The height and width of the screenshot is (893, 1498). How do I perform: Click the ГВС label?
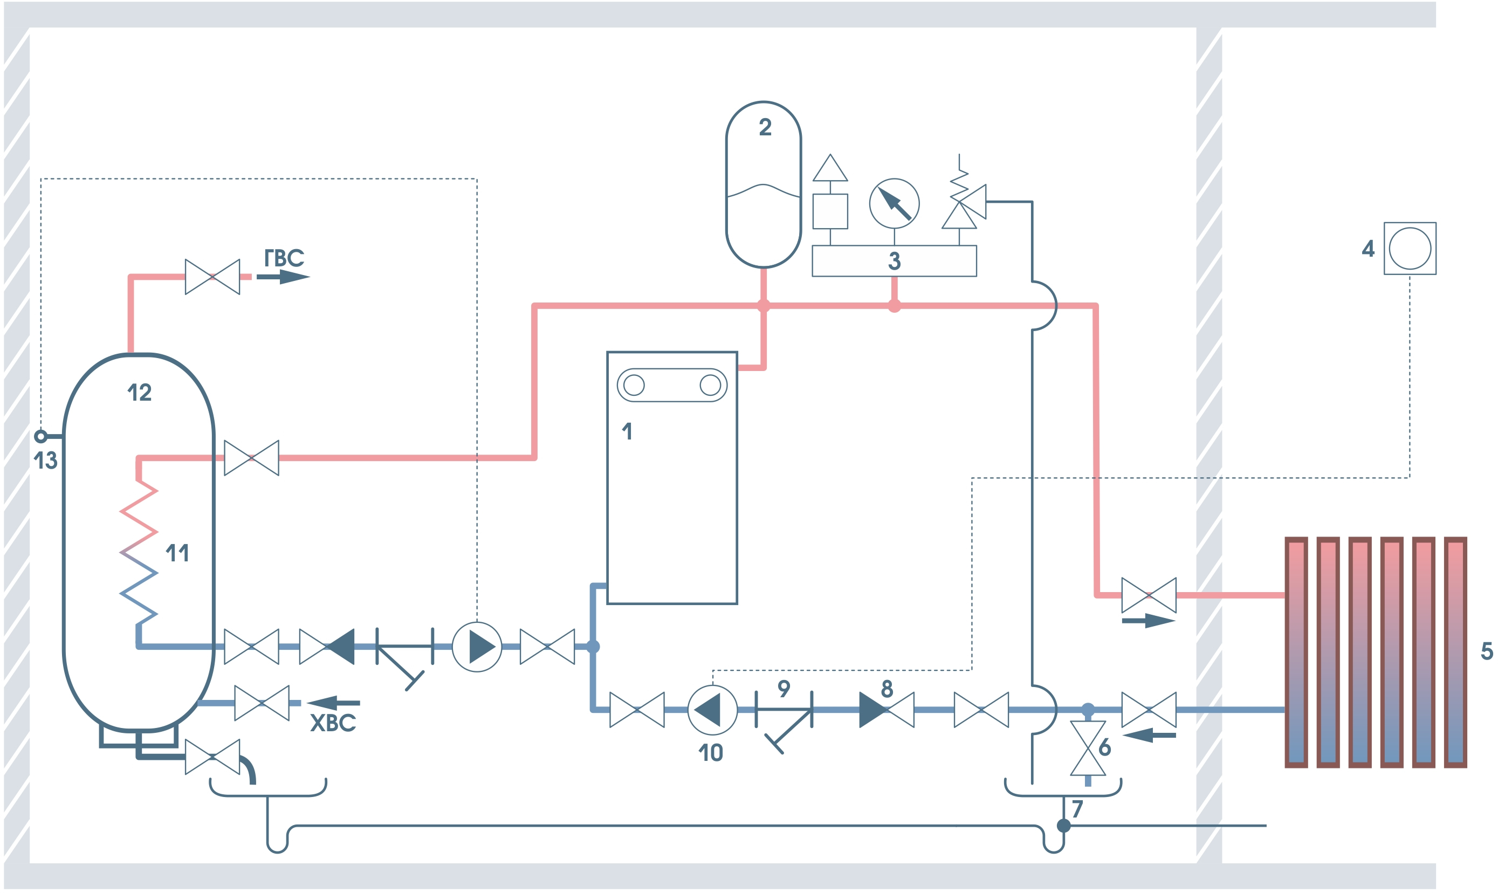pos(284,258)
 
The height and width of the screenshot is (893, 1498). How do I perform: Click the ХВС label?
pos(333,723)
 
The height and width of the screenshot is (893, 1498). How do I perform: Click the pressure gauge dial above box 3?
pos(894,203)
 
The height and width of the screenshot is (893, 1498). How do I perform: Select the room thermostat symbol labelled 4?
pos(1410,249)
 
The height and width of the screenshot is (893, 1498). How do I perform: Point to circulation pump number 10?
pos(712,710)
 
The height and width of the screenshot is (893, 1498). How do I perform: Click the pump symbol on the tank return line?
pos(477,647)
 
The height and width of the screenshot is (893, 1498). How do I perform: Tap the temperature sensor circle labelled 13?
pos(40,436)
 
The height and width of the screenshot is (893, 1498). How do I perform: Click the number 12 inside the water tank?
pos(140,393)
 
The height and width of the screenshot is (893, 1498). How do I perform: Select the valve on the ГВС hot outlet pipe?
pos(212,277)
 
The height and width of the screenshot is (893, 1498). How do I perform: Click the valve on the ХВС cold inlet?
pos(262,703)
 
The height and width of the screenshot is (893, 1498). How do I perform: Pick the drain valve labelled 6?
pos(1088,748)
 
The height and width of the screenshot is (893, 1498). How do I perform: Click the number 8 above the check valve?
pos(887,689)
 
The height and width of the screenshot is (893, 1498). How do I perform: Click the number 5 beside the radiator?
pos(1487,650)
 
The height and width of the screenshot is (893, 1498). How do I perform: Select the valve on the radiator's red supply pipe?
pos(1149,596)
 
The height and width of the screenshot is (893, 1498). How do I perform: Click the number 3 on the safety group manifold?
pos(894,261)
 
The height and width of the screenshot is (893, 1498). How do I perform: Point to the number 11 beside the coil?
pos(177,553)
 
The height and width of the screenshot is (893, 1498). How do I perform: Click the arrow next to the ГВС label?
pos(283,277)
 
